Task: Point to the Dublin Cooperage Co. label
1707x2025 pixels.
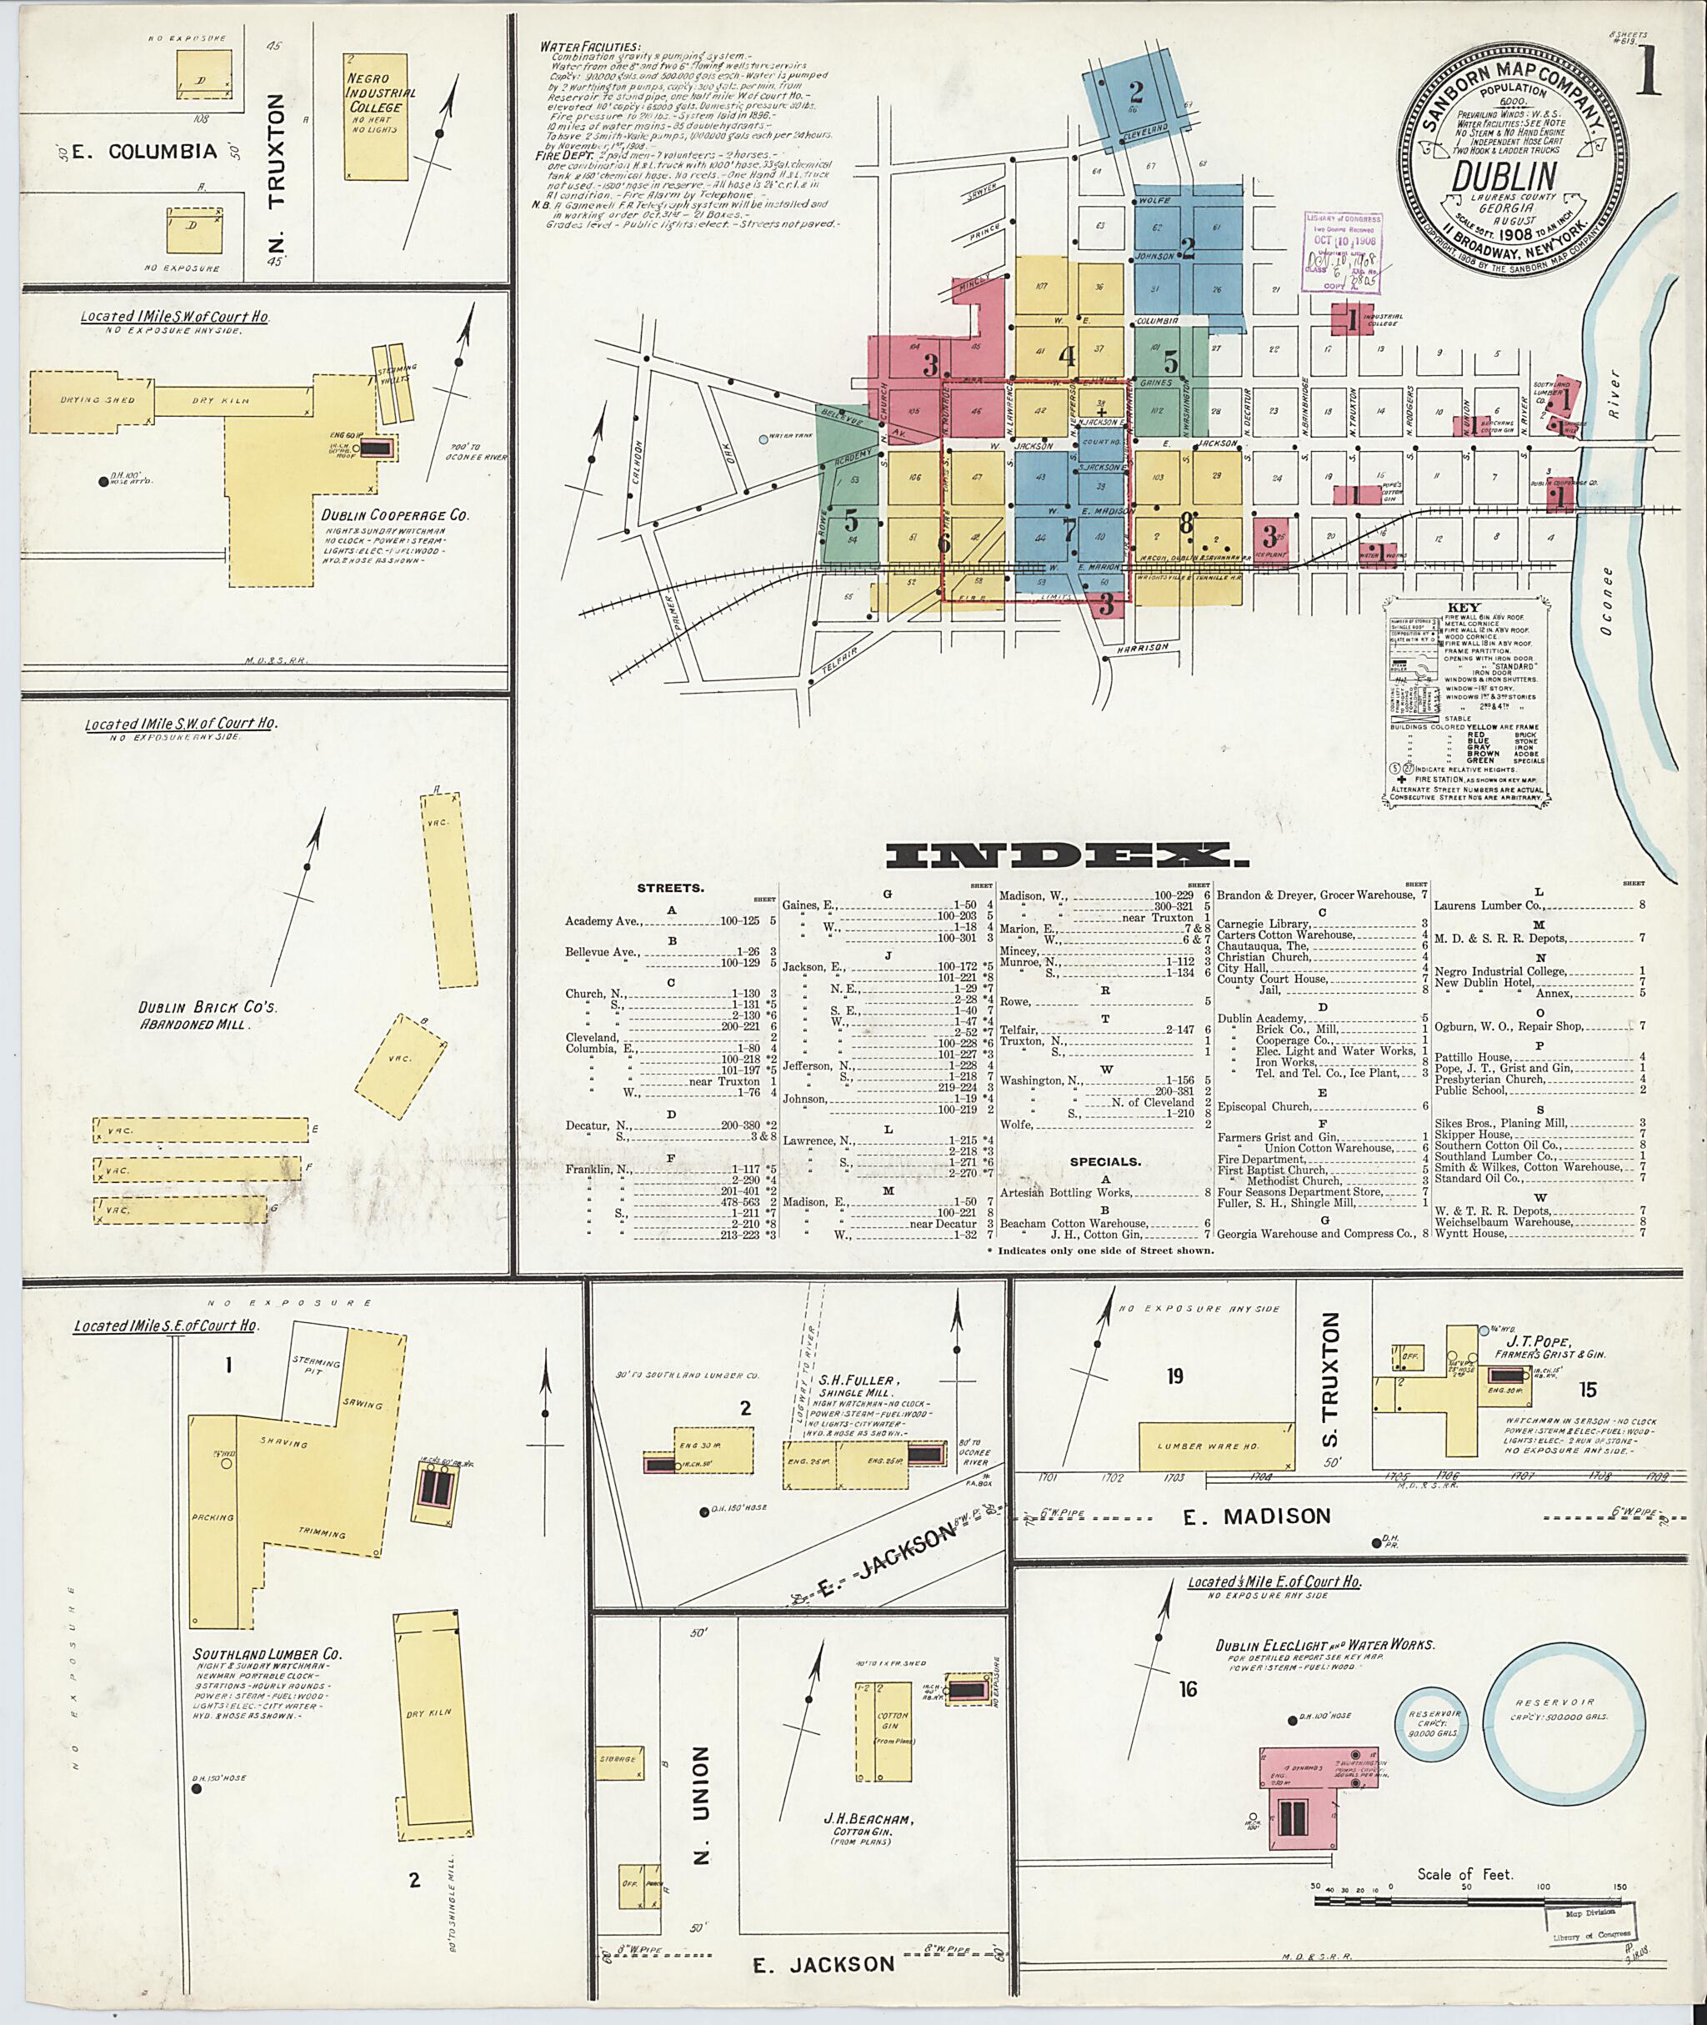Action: [x=395, y=515]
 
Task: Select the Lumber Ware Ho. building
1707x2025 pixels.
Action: [x=1216, y=1446]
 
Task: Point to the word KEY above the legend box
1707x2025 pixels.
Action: [x=1463, y=607]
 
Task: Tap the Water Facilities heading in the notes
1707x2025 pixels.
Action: [x=589, y=47]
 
